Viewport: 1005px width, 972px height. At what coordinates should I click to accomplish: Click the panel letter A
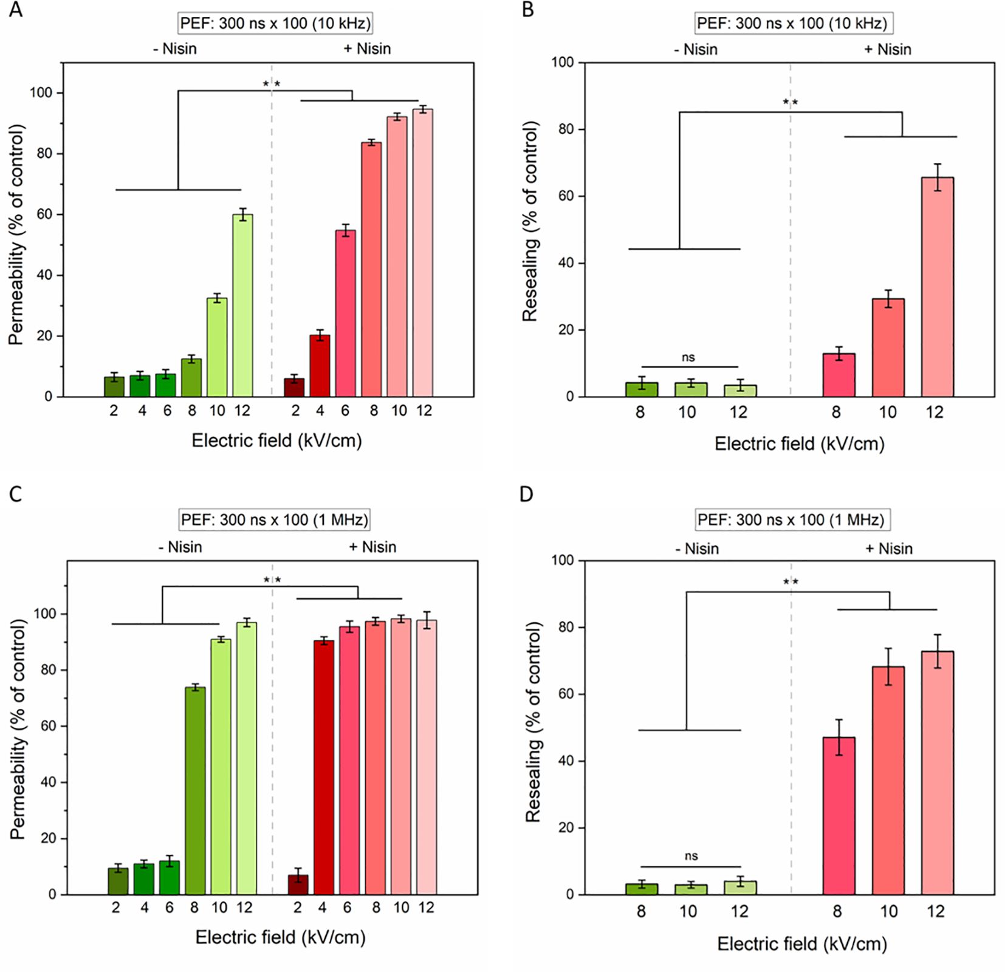pyautogui.click(x=16, y=10)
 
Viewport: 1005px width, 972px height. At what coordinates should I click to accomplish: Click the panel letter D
pyautogui.click(x=526, y=494)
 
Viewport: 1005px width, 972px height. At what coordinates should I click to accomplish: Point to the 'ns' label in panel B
pyautogui.click(x=688, y=357)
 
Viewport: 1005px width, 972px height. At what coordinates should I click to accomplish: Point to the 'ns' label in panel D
pyautogui.click(x=691, y=856)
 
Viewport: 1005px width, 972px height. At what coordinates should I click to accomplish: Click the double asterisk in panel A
pyautogui.click(x=272, y=84)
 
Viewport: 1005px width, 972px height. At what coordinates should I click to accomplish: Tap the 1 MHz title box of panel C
pyautogui.click(x=275, y=519)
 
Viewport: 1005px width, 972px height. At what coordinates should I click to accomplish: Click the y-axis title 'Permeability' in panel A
pyautogui.click(x=16, y=234)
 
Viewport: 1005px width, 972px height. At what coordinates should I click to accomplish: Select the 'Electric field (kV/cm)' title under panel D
pyautogui.click(x=802, y=943)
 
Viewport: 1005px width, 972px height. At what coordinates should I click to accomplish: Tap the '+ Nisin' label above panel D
pyautogui.click(x=888, y=549)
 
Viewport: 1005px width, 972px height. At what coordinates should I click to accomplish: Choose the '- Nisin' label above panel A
pyautogui.click(x=174, y=49)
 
